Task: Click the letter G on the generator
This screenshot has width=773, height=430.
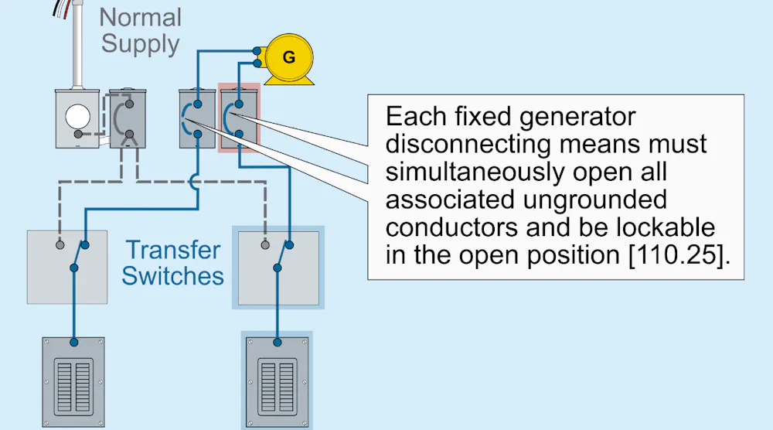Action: coord(289,57)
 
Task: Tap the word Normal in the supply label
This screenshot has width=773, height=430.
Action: coord(141,17)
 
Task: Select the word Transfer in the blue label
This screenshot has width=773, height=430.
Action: coord(172,250)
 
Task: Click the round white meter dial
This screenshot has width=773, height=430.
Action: coord(78,117)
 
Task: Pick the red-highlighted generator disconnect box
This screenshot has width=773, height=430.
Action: coord(239,118)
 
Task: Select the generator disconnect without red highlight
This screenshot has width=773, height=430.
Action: coord(197,118)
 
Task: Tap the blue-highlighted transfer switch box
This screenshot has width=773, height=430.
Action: coord(278,268)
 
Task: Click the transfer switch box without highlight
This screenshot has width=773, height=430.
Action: coord(67,267)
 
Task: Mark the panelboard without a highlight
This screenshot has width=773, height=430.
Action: coord(73,382)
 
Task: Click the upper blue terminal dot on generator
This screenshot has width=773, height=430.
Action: coord(257,51)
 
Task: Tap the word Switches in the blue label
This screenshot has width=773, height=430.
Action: coord(172,275)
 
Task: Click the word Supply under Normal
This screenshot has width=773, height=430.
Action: coord(141,44)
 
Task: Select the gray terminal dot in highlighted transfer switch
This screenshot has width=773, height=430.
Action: coord(265,244)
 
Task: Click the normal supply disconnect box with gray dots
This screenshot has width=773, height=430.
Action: coord(128,118)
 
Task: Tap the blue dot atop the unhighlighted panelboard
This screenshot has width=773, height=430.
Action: coord(74,343)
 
